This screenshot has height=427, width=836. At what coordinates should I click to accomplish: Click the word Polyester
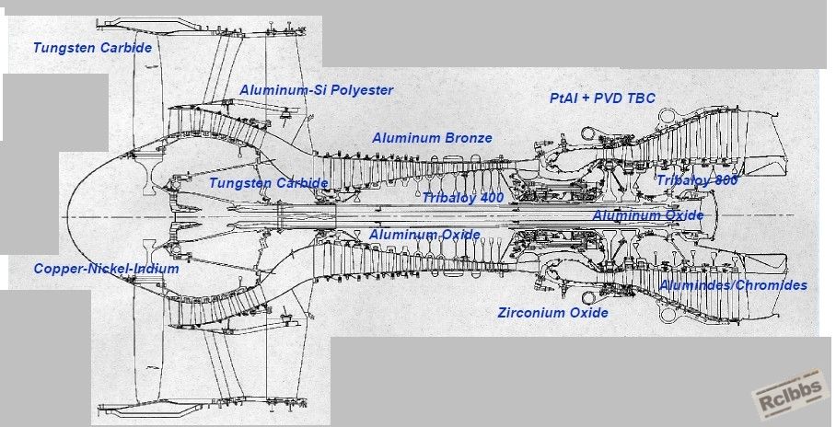pyautogui.click(x=362, y=90)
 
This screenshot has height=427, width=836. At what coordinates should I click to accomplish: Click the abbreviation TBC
pyautogui.click(x=642, y=98)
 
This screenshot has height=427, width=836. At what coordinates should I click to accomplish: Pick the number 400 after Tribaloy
pyautogui.click(x=491, y=198)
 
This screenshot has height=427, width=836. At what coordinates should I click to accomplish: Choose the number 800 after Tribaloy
pyautogui.click(x=726, y=180)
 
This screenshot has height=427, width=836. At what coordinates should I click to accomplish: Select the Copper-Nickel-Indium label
pyautogui.click(x=107, y=269)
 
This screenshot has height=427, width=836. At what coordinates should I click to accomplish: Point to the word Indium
pyautogui.click(x=156, y=269)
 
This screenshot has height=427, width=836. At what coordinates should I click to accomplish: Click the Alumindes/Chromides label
pyautogui.click(x=734, y=285)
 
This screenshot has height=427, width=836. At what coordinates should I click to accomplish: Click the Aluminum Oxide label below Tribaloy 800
pyautogui.click(x=648, y=216)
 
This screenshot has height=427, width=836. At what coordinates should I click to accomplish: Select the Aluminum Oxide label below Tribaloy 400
pyautogui.click(x=425, y=235)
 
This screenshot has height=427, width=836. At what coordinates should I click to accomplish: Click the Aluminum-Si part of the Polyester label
pyautogui.click(x=283, y=90)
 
